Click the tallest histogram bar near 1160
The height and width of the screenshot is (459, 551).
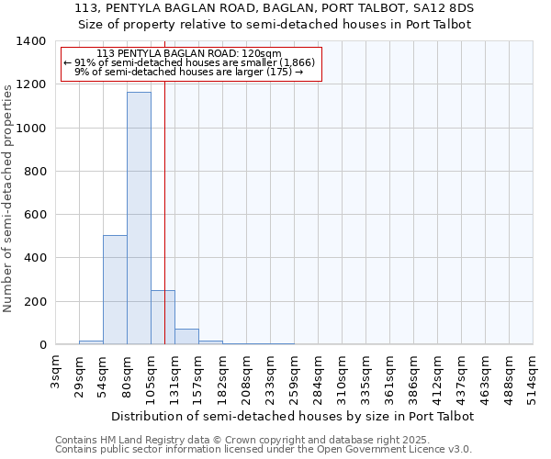click(139, 218)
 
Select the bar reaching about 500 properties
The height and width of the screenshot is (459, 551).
click(115, 289)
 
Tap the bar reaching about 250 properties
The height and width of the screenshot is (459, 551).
click(163, 318)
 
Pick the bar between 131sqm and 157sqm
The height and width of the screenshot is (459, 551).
click(186, 336)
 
